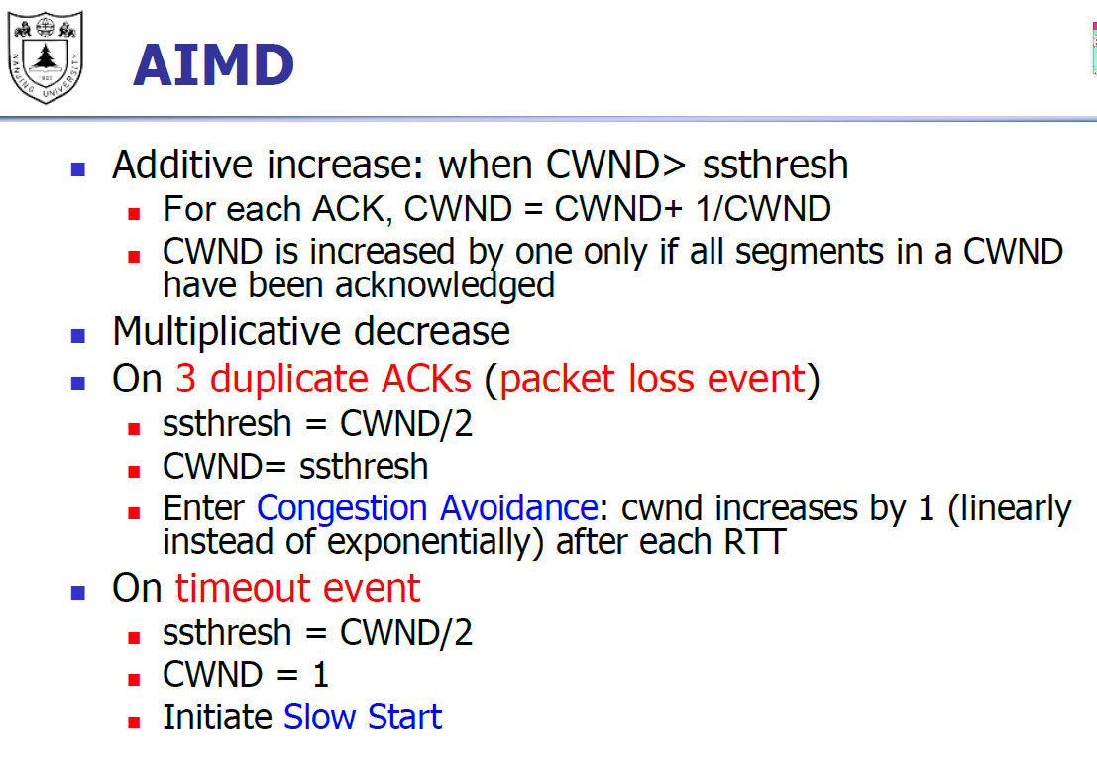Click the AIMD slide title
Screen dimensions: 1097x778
click(213, 65)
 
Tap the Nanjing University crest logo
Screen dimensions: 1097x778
click(46, 56)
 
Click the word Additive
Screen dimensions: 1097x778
click(182, 165)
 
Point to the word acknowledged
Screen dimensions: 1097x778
click(445, 285)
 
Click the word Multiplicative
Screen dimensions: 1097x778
click(227, 332)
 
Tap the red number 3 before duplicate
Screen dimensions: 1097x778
click(185, 380)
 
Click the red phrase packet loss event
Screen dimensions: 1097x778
click(653, 380)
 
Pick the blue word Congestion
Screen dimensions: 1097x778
click(342, 508)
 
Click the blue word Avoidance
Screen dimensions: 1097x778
click(519, 507)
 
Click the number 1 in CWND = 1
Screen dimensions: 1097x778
click(320, 675)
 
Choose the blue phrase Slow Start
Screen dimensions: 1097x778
click(363, 718)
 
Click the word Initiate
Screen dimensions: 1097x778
click(218, 718)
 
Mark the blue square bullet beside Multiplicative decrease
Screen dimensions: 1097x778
click(77, 336)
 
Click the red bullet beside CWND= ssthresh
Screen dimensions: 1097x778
click(135, 472)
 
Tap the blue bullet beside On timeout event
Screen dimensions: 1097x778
click(77, 593)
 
